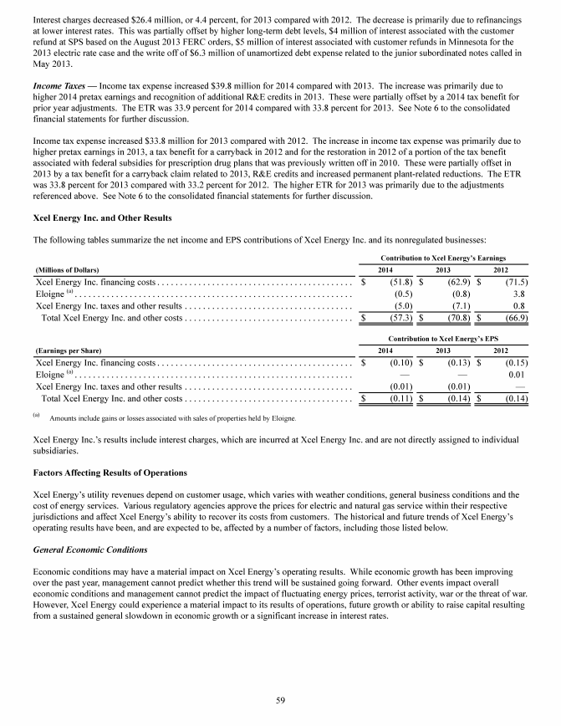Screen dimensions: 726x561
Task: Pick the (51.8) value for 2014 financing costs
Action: click(395, 283)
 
